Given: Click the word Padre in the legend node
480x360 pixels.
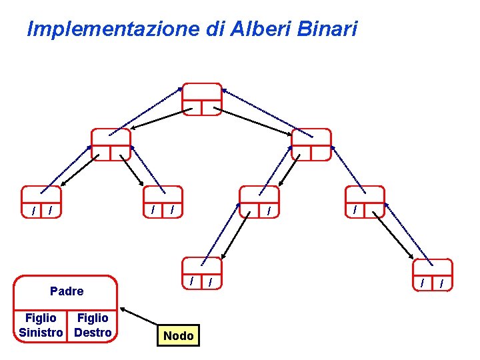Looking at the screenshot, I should pos(67,291).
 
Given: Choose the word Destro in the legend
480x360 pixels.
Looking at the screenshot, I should pos(93,332).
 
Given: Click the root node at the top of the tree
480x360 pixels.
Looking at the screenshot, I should pos(201,99).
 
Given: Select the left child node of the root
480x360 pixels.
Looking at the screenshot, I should pos(111,145).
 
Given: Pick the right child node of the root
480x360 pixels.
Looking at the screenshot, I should pos(311,145).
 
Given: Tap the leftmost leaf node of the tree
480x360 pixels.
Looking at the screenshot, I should pos(41,202).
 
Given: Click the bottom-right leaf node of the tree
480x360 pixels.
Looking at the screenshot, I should pos(432,275).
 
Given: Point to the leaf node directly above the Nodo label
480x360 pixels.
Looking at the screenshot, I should pos(202,274).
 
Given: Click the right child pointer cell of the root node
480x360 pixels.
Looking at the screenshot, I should pos(211,108).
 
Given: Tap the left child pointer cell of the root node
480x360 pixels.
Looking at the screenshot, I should pos(192,108).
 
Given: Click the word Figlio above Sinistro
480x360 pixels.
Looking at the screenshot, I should pos(40,318).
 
